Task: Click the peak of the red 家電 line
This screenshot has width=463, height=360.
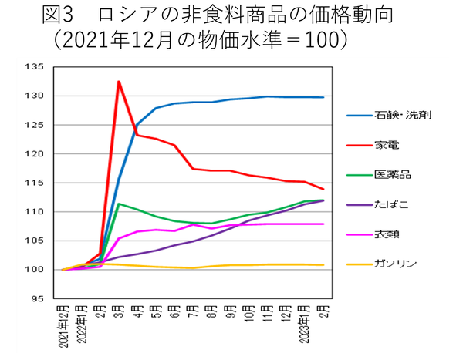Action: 119,82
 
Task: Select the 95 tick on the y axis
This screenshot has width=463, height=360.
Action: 39,298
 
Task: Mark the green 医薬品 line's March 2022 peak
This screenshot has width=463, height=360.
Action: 119,204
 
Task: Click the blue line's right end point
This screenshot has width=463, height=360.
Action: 323,97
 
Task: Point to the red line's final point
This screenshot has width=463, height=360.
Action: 323,189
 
